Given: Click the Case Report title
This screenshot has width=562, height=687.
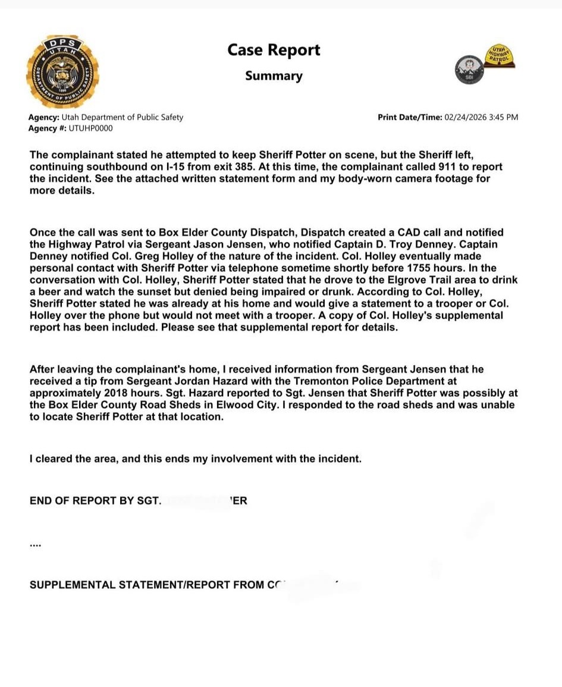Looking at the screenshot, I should pos(274,50).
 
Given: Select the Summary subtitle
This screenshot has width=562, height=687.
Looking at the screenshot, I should pos(274,76).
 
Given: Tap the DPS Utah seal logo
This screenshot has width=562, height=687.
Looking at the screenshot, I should pos(63,72).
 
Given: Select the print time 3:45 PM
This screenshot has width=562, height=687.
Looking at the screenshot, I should pos(504,117).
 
